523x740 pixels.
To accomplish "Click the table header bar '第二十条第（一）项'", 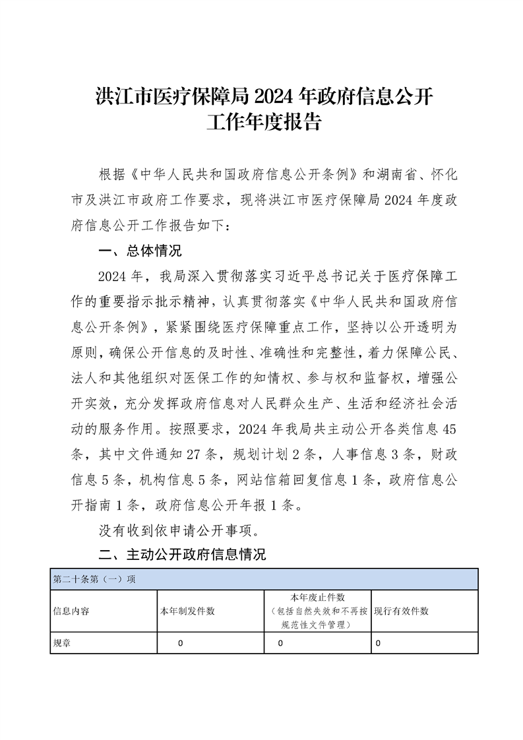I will click(x=94, y=580).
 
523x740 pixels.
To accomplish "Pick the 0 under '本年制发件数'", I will click(x=180, y=642).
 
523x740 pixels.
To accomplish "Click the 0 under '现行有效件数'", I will click(x=378, y=642).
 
